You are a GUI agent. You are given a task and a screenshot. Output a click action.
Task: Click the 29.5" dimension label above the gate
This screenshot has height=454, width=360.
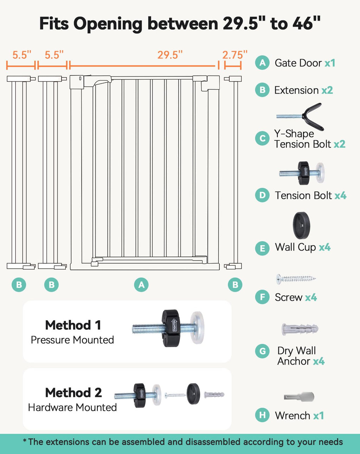170,55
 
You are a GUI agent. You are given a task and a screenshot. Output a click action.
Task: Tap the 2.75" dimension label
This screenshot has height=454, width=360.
234,55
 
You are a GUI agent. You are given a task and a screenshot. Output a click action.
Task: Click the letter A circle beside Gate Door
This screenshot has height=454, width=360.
262,63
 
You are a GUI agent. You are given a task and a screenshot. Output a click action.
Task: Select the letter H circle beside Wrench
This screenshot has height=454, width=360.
262,415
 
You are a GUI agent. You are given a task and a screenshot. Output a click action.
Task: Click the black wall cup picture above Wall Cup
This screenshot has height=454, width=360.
301,226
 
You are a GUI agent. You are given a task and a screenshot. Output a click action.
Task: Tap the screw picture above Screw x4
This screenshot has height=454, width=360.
296,279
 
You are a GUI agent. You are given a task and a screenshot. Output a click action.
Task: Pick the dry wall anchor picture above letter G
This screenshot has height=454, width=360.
300,329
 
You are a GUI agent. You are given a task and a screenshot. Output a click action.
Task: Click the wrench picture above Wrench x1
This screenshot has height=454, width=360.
299,397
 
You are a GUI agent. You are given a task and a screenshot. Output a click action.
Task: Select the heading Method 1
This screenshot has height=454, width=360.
73,325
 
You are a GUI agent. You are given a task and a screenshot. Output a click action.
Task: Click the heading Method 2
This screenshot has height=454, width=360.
73,392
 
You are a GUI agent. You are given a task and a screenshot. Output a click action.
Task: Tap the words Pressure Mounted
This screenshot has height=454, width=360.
72,340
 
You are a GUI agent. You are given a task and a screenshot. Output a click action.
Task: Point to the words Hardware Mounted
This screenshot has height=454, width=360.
72,408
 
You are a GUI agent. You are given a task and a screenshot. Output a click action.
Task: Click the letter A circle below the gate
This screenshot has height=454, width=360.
141,285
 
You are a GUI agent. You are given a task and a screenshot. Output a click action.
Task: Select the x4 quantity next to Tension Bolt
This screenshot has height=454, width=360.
340,196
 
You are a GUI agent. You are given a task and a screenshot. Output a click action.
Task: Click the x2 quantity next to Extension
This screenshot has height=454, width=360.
327,90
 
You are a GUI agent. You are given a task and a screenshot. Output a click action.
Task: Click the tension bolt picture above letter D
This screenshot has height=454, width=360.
302,173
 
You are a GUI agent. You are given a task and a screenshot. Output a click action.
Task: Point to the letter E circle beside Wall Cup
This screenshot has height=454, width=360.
262,248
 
